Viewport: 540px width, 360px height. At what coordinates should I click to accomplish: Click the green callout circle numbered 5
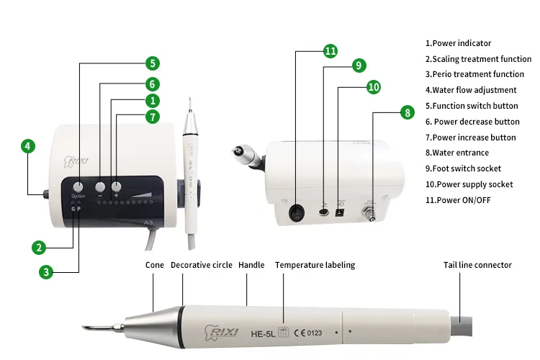[153, 63]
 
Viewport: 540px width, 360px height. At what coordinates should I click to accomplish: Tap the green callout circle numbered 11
[330, 51]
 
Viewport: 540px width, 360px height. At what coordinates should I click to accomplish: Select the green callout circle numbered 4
[27, 146]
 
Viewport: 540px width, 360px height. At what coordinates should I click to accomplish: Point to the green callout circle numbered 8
[407, 112]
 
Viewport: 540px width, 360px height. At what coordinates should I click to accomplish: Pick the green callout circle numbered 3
[46, 271]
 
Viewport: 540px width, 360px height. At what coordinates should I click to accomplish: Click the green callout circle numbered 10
[372, 87]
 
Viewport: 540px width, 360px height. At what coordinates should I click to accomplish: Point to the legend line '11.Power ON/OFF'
[458, 199]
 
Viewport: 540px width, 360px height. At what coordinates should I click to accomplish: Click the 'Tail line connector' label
[477, 265]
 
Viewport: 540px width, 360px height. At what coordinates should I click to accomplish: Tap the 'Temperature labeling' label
[315, 265]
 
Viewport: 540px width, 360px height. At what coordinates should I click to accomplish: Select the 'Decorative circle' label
[202, 265]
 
